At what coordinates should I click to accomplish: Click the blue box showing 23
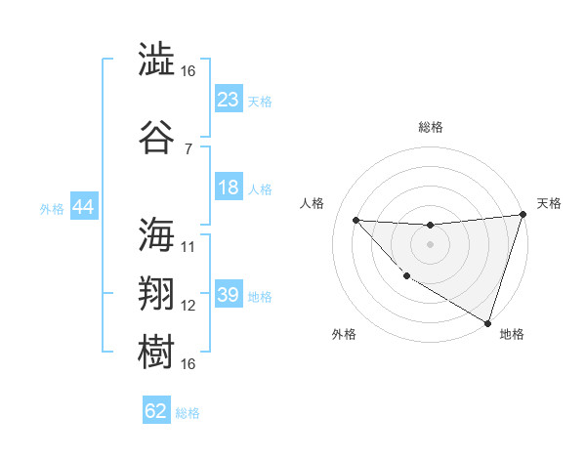coord(228,100)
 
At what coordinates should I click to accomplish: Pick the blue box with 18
coord(228,188)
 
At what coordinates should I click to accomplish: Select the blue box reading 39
coord(228,295)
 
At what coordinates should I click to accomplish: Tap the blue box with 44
coord(83,207)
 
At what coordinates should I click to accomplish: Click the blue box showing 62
coord(156,411)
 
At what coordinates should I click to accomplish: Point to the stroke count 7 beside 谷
coord(188,149)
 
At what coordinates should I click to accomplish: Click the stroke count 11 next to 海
coord(188,247)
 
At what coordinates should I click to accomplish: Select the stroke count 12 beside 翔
coord(188,306)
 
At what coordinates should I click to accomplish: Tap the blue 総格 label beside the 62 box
coord(188,413)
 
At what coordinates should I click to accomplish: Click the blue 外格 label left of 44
coord(51,208)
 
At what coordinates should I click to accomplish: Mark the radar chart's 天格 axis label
coord(549,203)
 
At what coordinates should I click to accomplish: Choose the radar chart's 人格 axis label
coord(313,203)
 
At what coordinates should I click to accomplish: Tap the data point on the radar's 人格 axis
coord(356,220)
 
